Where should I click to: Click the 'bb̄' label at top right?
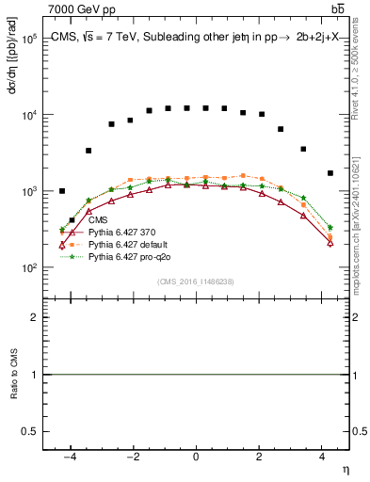(337, 8)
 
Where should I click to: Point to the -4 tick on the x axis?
(69, 456)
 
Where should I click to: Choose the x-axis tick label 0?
(196, 456)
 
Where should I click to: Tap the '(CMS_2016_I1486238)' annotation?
(195, 281)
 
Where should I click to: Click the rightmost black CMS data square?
(330, 173)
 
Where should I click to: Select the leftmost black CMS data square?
(62, 191)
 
